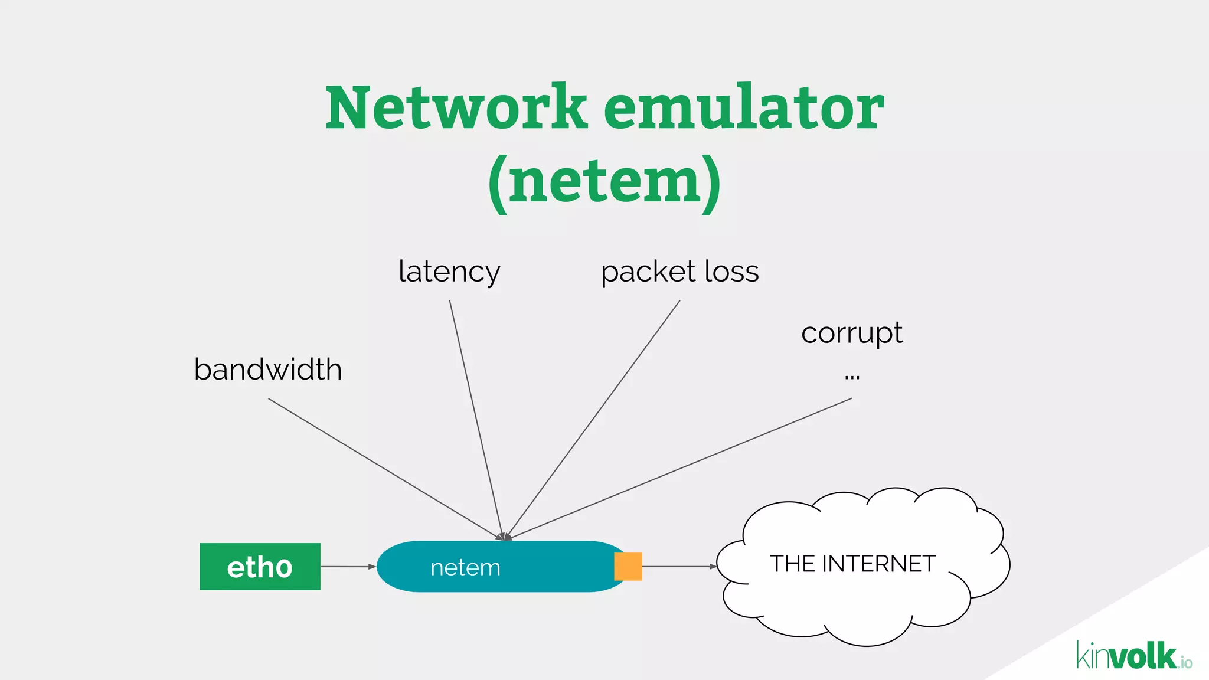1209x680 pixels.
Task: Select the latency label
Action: click(449, 272)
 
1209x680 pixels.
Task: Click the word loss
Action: click(731, 272)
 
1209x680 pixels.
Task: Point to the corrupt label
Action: click(851, 334)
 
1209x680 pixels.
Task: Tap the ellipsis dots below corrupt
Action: click(852, 376)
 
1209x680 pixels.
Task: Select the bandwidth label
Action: click(268, 370)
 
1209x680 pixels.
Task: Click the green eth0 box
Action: click(260, 567)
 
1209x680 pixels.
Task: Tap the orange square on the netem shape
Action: click(628, 567)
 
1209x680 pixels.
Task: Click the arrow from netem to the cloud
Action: click(679, 567)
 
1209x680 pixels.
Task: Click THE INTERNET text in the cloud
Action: click(852, 564)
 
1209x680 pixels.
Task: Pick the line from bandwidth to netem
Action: click(384, 468)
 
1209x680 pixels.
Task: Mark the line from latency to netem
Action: click(476, 419)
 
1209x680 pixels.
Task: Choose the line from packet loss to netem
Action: click(593, 419)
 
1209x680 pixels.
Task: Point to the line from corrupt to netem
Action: click(679, 469)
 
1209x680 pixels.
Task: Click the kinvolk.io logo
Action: click(1133, 656)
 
